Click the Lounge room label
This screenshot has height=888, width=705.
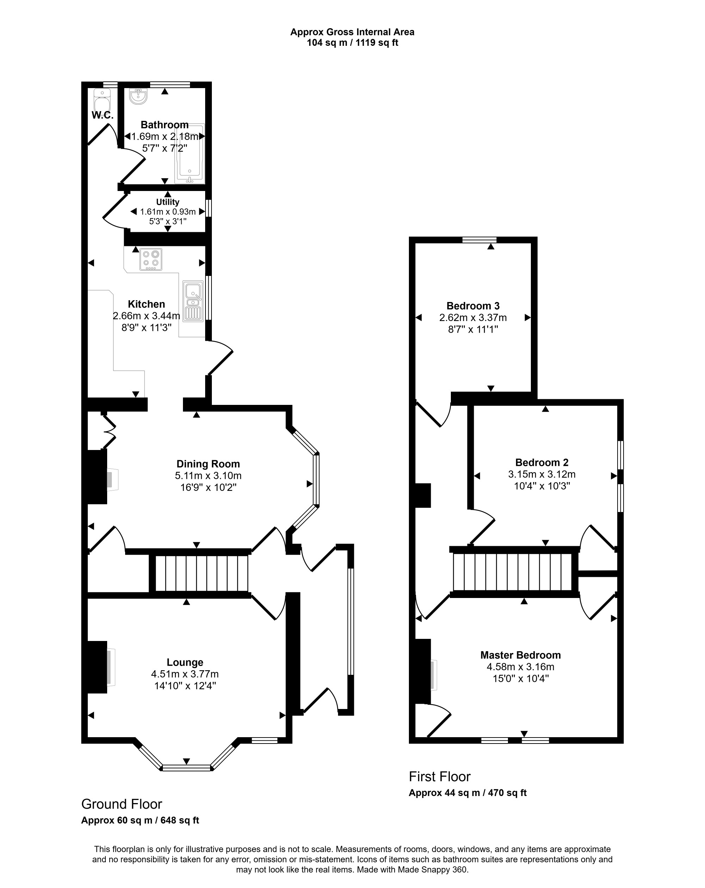185,662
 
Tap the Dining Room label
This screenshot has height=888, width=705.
208,464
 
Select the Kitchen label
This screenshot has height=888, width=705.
146,304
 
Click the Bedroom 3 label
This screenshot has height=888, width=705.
473,306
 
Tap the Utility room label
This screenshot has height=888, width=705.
168,202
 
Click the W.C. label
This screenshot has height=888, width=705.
103,115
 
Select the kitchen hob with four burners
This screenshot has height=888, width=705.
151,259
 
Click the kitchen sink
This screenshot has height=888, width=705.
193,301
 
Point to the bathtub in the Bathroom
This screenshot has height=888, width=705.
190,153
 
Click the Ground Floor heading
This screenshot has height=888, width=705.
122,804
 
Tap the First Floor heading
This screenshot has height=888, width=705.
440,776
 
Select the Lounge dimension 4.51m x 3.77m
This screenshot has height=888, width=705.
185,674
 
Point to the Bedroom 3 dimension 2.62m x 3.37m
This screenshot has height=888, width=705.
473,317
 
